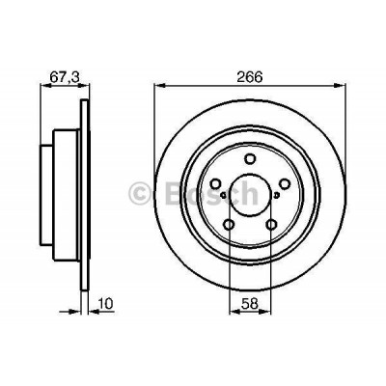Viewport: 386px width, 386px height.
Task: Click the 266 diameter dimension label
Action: [250, 72]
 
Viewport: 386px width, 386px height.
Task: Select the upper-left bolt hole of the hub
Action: [214, 184]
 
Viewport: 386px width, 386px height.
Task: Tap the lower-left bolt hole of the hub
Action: [229, 228]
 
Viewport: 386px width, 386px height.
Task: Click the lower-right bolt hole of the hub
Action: [272, 228]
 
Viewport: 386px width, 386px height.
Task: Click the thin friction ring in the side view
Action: [82, 193]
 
